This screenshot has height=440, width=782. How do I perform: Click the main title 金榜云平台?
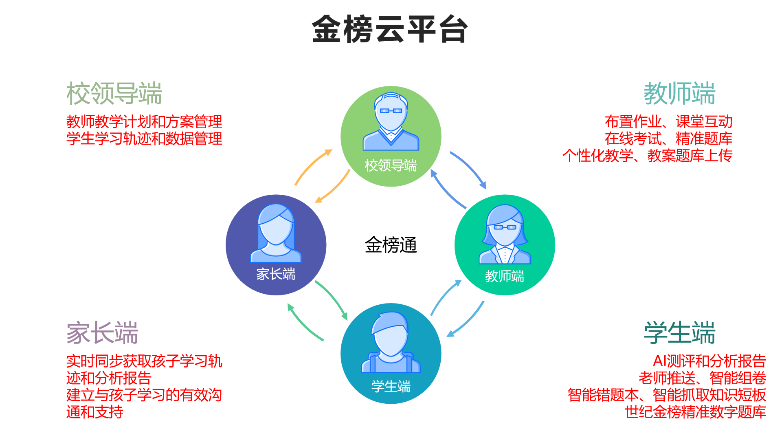pyautogui.click(x=390, y=29)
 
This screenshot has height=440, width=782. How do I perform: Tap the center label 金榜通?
pyautogui.click(x=391, y=245)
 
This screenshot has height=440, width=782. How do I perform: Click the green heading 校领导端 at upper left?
pyautogui.click(x=114, y=93)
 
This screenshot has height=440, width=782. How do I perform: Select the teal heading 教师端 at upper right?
pyautogui.click(x=679, y=93)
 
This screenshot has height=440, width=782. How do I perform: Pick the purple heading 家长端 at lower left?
pyautogui.click(x=103, y=333)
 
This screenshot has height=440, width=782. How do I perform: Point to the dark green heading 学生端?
pyautogui.click(x=679, y=333)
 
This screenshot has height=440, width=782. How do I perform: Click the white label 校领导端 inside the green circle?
pyautogui.click(x=391, y=165)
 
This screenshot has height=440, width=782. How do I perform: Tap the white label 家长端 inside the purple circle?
pyautogui.click(x=276, y=274)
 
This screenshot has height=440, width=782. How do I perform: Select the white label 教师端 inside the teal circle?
pyautogui.click(x=505, y=276)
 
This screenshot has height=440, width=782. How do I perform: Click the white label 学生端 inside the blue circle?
pyautogui.click(x=391, y=386)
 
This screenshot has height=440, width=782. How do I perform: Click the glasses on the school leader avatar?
pyautogui.click(x=391, y=111)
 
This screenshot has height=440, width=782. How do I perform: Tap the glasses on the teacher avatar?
pyautogui.click(x=505, y=227)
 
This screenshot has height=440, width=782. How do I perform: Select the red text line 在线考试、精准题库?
pyautogui.click(x=668, y=139)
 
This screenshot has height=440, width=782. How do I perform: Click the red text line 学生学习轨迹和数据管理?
pyautogui.click(x=144, y=139)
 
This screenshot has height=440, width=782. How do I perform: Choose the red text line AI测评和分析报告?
pyautogui.click(x=709, y=361)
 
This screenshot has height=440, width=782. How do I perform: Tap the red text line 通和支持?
pyautogui.click(x=94, y=412)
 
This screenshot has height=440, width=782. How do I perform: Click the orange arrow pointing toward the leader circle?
pyautogui.click(x=313, y=167)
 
